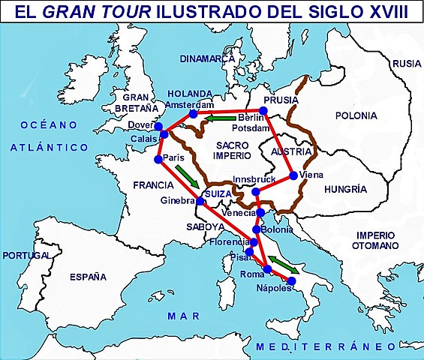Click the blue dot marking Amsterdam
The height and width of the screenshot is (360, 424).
(194, 114)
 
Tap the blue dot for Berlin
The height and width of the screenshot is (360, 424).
(263, 111)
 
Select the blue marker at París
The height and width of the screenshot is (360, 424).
(158, 159)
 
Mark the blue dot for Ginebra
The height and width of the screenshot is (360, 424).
(201, 200)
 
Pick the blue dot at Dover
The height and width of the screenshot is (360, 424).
(158, 125)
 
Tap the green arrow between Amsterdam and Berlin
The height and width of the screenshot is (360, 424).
(222, 118)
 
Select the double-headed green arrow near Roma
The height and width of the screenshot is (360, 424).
(283, 264)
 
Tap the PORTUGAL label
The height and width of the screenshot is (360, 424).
(26, 256)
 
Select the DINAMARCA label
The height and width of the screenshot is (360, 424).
(207, 58)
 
